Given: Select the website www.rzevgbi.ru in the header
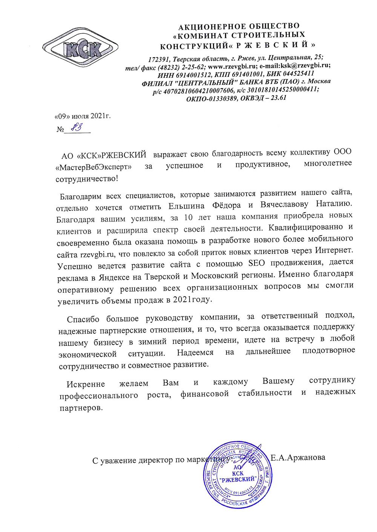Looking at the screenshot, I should tap(232, 66).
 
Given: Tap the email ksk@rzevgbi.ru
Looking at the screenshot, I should tap(305, 65).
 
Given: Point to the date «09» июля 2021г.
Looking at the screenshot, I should tap(83, 116).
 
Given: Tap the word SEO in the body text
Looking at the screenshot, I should tap(256, 263).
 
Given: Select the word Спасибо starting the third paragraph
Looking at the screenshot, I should tap(83, 319).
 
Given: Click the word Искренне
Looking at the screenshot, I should tap(86, 384).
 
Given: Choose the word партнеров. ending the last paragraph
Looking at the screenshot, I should tap(81, 408).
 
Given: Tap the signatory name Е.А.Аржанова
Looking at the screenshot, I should tap(298, 458).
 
